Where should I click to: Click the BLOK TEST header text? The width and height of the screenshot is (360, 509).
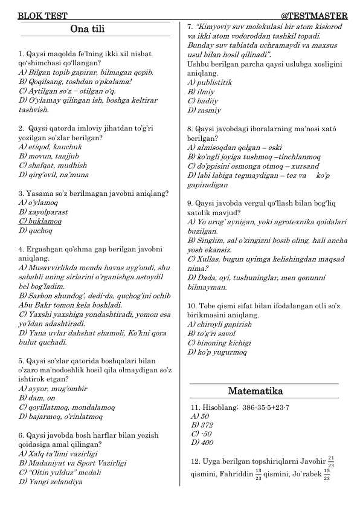[x=42, y=15]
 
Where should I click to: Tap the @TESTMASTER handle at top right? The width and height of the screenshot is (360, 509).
[x=314, y=15]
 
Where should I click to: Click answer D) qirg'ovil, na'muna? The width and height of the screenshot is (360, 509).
[x=54, y=174]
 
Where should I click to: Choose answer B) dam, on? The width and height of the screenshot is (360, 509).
[x=37, y=398]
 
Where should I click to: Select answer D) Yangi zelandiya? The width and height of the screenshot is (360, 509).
[x=51, y=482]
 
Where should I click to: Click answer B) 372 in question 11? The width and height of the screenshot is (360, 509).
[x=199, y=425]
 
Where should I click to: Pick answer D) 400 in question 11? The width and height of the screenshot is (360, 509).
[x=199, y=443]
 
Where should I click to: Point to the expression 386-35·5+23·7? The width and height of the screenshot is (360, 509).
[x=261, y=407]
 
